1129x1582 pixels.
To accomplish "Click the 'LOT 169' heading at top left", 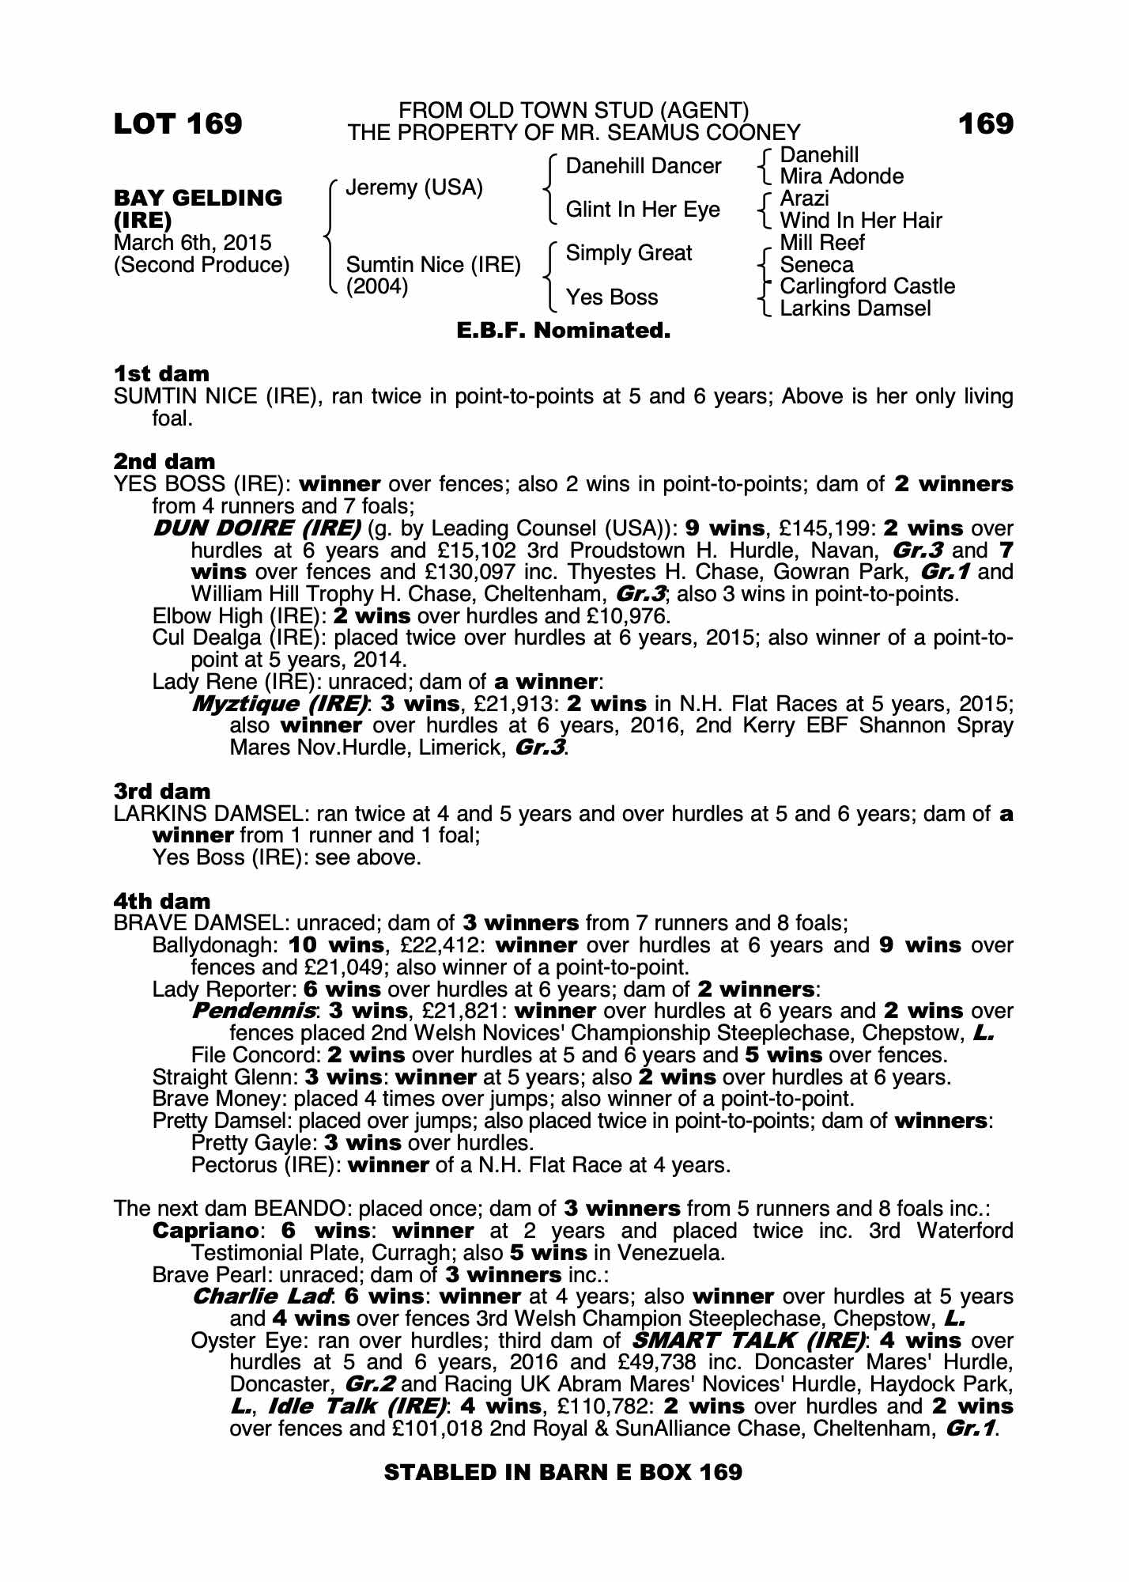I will [x=178, y=123].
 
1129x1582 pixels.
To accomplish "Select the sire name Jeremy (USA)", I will [x=414, y=187].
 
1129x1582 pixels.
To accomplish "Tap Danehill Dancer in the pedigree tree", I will [x=644, y=166].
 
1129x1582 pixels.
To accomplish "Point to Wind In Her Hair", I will [x=861, y=220].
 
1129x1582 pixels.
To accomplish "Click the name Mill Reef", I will [x=822, y=242].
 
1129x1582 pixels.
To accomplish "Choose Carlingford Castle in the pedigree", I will [x=867, y=286].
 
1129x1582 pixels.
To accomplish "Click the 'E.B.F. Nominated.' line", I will [x=564, y=331].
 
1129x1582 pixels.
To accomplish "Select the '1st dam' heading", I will [x=161, y=373].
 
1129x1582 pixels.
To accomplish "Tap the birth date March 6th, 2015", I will [x=192, y=243].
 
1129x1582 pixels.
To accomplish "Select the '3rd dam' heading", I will [x=162, y=791].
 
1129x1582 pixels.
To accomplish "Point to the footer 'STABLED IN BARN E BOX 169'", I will [x=563, y=1472].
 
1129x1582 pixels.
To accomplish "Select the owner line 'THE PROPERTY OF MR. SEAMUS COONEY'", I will [x=574, y=132].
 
